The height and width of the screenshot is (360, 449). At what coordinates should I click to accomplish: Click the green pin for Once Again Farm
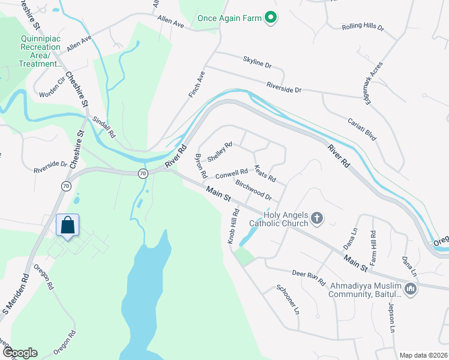(271, 18)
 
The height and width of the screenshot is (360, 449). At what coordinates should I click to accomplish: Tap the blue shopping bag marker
(67, 226)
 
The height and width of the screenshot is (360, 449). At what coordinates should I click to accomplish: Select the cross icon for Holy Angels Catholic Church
(318, 218)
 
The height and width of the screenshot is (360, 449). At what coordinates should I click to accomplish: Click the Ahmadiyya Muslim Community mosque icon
(411, 290)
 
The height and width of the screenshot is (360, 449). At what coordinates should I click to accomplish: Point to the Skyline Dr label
(257, 61)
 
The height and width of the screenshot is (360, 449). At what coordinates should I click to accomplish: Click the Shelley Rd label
(219, 152)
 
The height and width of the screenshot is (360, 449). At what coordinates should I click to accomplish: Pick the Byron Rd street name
(201, 166)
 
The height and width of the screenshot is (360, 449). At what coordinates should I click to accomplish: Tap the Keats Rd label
(265, 174)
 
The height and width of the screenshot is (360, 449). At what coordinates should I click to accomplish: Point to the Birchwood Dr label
(254, 190)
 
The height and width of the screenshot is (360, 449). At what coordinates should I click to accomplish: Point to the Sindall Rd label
(103, 127)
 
